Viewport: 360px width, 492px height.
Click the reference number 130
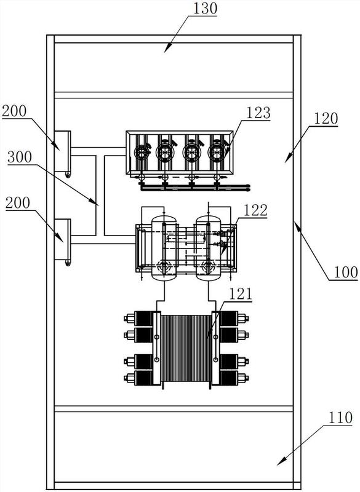205,9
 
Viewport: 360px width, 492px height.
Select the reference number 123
258,113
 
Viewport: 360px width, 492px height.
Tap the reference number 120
325,119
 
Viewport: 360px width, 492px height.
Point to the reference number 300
20,157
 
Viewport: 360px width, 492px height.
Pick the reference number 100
346,272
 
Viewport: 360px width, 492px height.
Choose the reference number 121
241,294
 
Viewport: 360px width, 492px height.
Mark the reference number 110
340,418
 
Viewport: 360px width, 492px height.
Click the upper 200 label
14,111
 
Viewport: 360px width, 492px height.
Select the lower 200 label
18,203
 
